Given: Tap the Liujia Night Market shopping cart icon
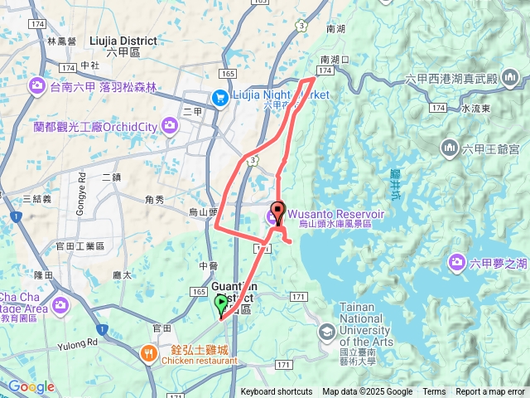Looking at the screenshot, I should [x=219, y=96].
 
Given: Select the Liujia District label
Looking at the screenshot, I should [x=122, y=40].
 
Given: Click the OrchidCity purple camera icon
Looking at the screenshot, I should [x=170, y=126].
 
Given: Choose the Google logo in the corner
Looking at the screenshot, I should [x=31, y=386].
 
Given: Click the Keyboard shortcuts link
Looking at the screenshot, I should [x=277, y=392].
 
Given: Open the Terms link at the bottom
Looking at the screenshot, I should [x=434, y=392].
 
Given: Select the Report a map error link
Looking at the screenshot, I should [x=490, y=392].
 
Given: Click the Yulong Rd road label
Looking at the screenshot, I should [x=78, y=341].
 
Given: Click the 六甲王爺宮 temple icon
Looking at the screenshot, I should [x=450, y=148].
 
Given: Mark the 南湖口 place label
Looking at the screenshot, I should [x=335, y=60].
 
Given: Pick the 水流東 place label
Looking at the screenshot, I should [x=477, y=109].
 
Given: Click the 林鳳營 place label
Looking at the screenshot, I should [x=61, y=41].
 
